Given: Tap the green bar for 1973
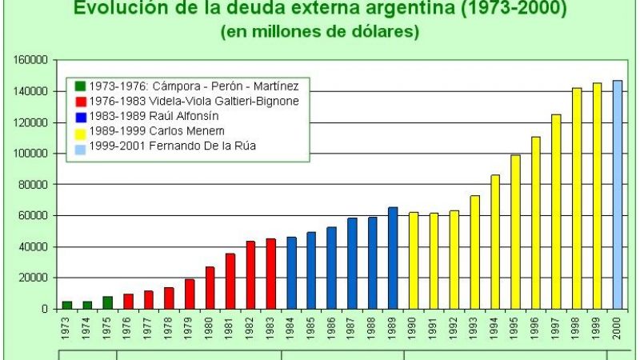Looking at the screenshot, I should pyautogui.click(x=67, y=305).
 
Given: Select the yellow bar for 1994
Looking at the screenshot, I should pyautogui.click(x=495, y=241).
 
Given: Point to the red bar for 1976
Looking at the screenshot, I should pyautogui.click(x=128, y=301).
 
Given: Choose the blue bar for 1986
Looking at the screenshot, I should pyautogui.click(x=332, y=267).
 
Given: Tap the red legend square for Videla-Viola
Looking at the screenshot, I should pyautogui.click(x=80, y=102).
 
